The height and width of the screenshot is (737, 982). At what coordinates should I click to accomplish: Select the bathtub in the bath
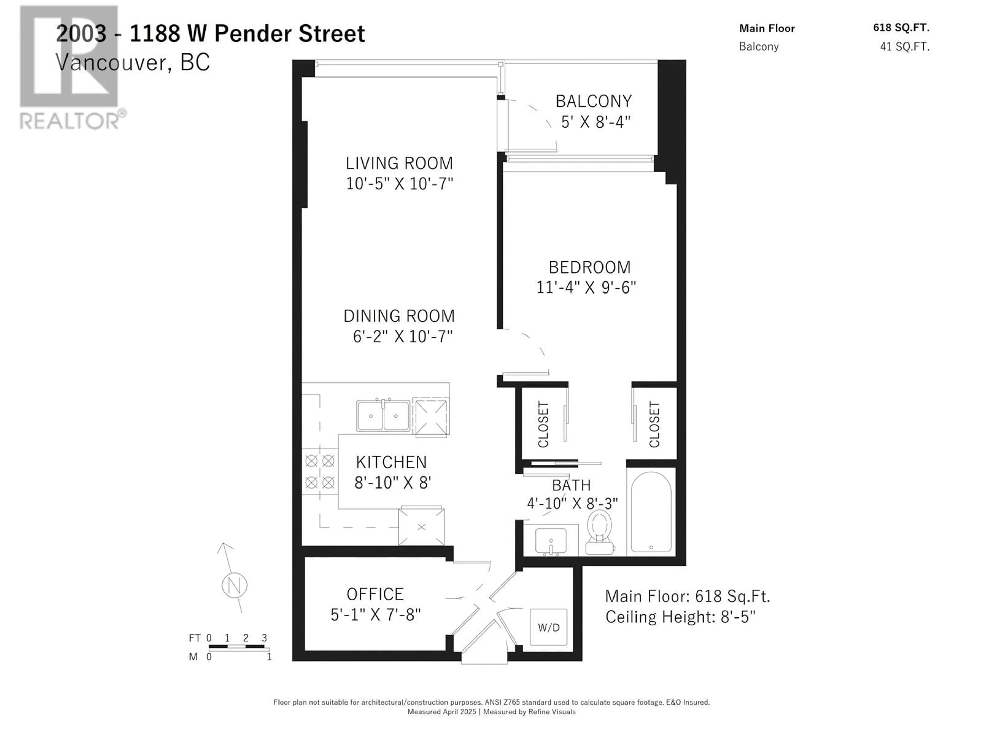[x=651, y=512]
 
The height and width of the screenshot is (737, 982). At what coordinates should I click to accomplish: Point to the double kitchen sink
[x=383, y=415]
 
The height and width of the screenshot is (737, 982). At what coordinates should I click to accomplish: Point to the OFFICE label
[x=375, y=594]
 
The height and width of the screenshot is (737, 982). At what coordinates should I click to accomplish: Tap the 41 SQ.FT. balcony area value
[x=905, y=47]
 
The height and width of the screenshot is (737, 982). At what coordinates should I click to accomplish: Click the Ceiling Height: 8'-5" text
[x=680, y=617]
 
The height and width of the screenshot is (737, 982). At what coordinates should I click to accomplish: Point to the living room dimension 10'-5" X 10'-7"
[x=399, y=183]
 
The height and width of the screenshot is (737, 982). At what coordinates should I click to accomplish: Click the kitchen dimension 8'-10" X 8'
[x=393, y=482]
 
